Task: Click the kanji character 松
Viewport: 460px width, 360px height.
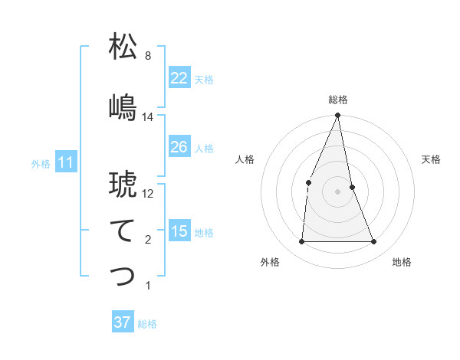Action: pyautogui.click(x=123, y=47)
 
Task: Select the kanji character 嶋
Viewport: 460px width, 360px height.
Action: pyautogui.click(x=123, y=107)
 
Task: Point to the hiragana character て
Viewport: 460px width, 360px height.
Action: pyautogui.click(x=123, y=231)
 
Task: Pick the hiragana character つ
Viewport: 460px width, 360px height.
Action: pyautogui.click(x=123, y=277)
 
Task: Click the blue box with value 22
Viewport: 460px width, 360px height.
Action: pyautogui.click(x=179, y=78)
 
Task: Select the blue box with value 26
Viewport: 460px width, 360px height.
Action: pyautogui.click(x=179, y=147)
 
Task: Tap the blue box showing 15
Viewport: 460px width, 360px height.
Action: pyautogui.click(x=179, y=231)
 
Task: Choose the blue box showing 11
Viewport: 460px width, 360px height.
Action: pyautogui.click(x=65, y=162)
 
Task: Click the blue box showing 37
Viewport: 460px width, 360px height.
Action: pyautogui.click(x=122, y=322)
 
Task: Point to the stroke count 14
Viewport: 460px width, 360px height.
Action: pyautogui.click(x=148, y=117)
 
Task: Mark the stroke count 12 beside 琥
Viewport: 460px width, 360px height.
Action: pyautogui.click(x=148, y=194)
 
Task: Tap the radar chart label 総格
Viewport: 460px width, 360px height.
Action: pyautogui.click(x=337, y=100)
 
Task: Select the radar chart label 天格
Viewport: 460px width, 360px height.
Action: pyautogui.click(x=432, y=159)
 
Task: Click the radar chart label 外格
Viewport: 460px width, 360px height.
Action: pyautogui.click(x=270, y=262)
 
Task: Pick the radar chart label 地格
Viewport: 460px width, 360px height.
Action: pyautogui.click(x=402, y=262)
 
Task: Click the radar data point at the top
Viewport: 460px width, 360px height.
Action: pyautogui.click(x=337, y=116)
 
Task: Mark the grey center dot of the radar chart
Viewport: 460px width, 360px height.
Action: pyautogui.click(x=337, y=191)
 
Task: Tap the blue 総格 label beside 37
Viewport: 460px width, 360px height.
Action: pyautogui.click(x=147, y=324)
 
